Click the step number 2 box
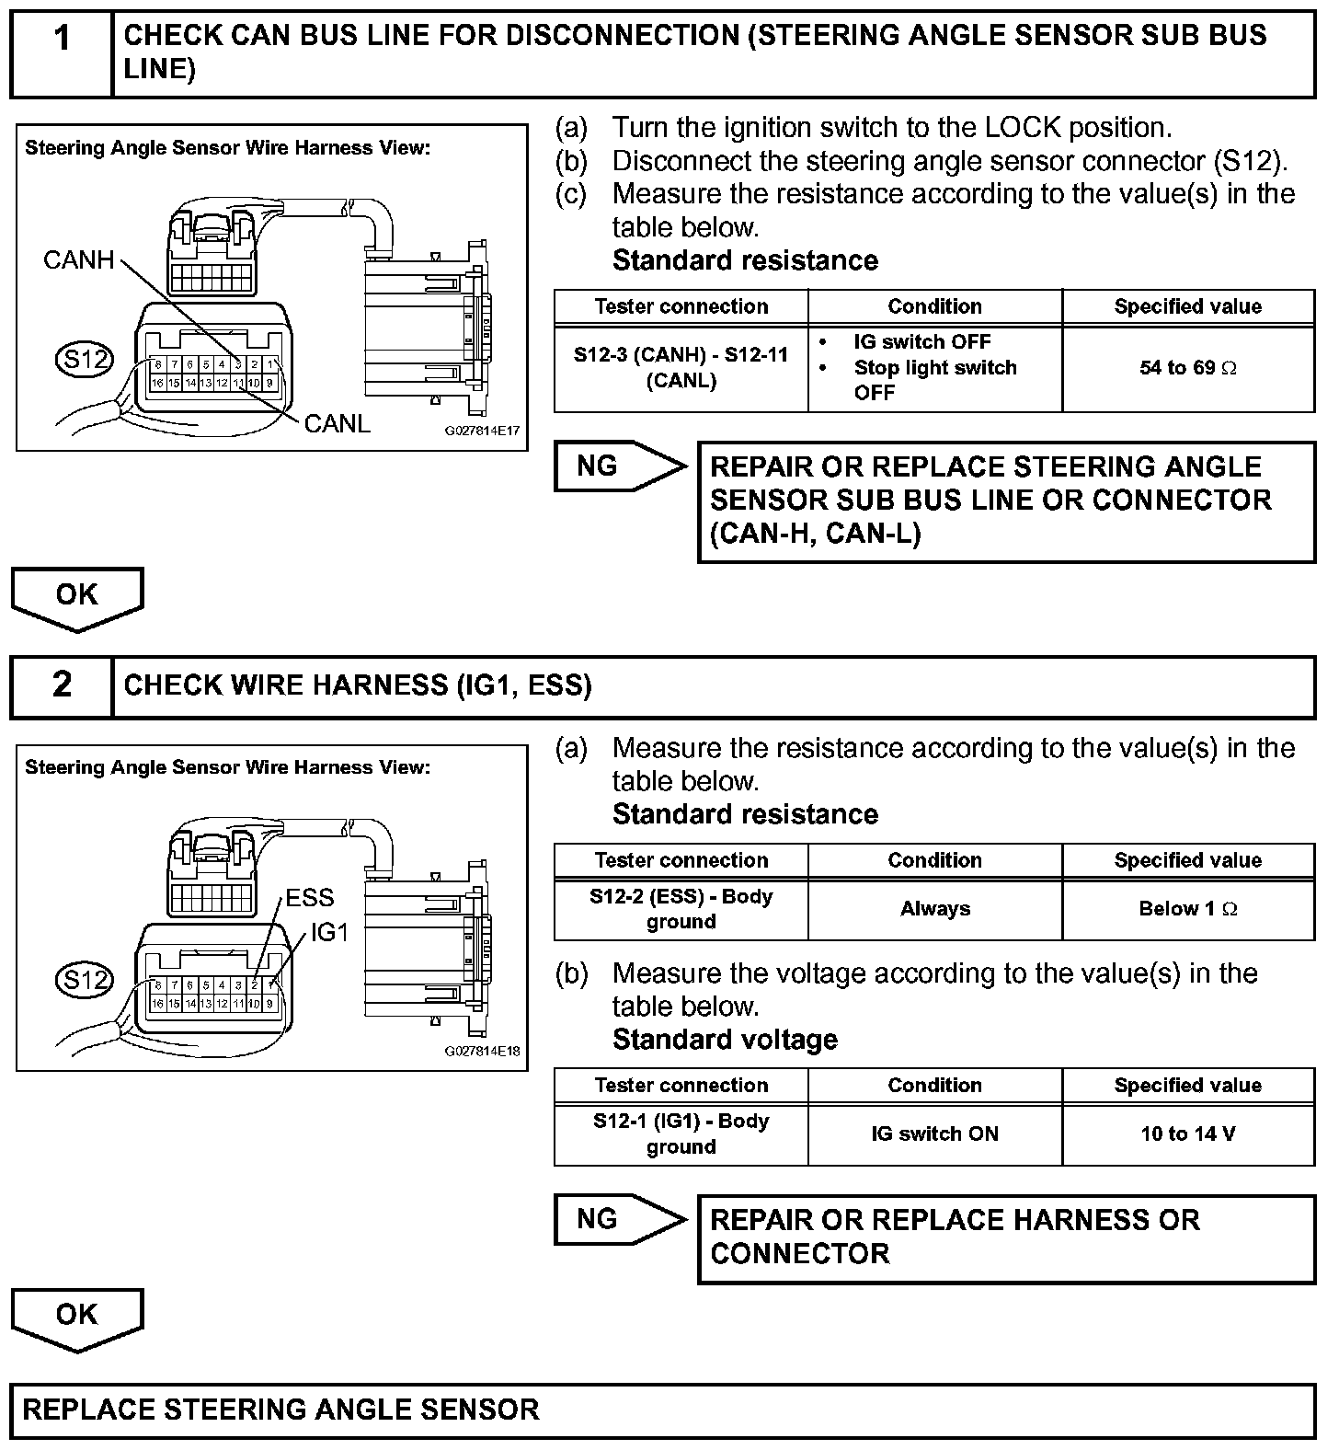pos(62,685)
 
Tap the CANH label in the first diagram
pos(78,260)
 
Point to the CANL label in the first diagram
pos(337,423)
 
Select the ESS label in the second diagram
pos(309,897)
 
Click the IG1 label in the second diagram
pos(329,932)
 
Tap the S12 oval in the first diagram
pos(84,359)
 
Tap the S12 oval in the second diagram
pos(84,980)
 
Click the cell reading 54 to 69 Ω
pos(1187,368)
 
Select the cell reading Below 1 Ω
pos(1187,909)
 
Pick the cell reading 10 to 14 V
pos(1187,1134)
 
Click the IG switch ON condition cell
pos(934,1134)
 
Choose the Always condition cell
pos(934,909)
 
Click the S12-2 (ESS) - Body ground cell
pos(681,909)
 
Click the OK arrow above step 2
pos(77,597)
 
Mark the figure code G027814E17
pos(482,431)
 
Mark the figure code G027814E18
pos(482,1051)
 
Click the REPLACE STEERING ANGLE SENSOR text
pos(280,1410)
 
